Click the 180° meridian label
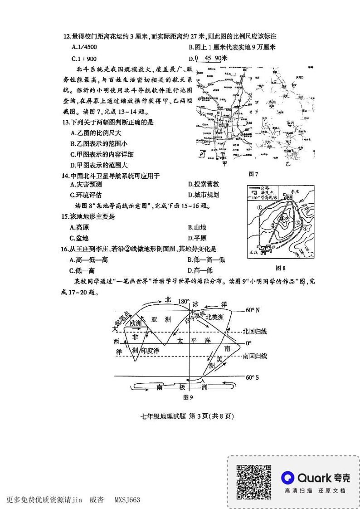[x=184, y=301]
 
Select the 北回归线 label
[x=255, y=331]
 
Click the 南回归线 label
[x=255, y=356]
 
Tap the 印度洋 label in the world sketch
[x=150, y=351]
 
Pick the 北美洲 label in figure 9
[x=215, y=318]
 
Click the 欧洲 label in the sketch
[x=136, y=323]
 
